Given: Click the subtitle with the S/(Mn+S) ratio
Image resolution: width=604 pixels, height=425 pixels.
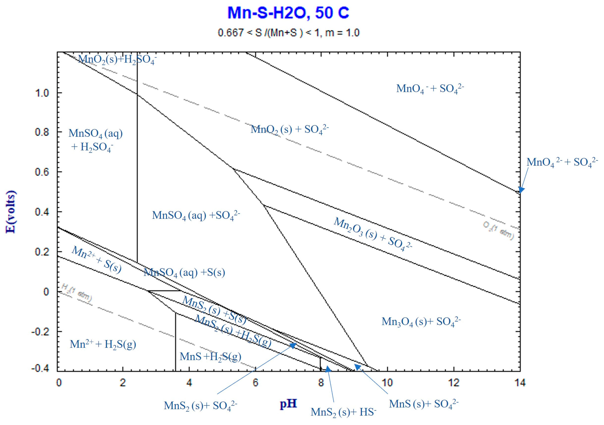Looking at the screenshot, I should pyautogui.click(x=289, y=33).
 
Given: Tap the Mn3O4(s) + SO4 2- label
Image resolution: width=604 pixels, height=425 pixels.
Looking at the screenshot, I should pyautogui.click(x=421, y=322).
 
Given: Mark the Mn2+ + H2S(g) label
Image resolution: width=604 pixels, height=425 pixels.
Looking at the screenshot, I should pyautogui.click(x=103, y=344).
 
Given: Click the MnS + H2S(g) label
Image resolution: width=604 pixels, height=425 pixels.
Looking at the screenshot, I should pyautogui.click(x=210, y=357).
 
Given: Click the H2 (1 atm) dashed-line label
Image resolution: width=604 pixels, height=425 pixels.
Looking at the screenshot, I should pyautogui.click(x=77, y=292).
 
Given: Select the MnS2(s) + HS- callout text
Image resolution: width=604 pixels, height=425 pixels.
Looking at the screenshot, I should pyautogui.click(x=343, y=412).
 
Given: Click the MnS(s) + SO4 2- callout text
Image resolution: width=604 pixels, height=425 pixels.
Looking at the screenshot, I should pyautogui.click(x=424, y=404).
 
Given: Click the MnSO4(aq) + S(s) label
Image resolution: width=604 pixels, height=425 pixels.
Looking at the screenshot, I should pyautogui.click(x=184, y=272).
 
